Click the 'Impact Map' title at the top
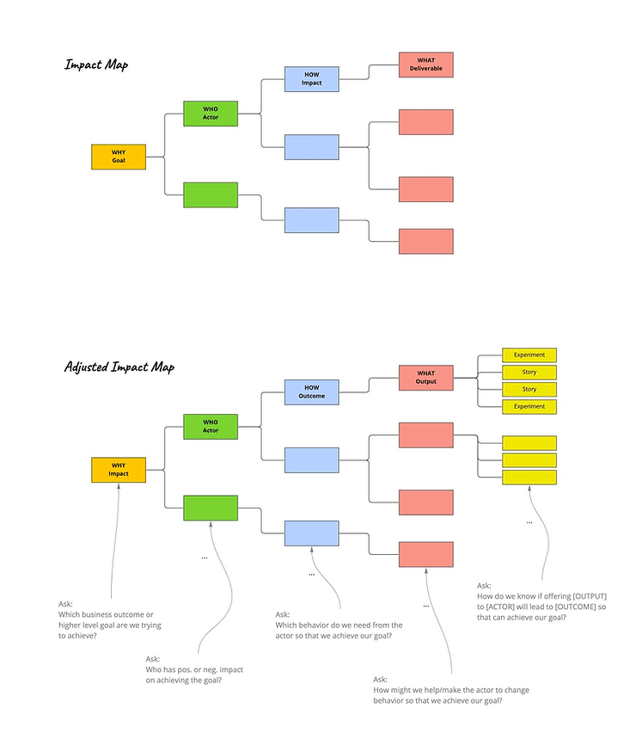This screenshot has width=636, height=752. (x=96, y=65)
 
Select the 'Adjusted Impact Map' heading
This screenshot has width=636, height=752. (x=119, y=367)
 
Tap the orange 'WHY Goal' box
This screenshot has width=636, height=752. (x=119, y=157)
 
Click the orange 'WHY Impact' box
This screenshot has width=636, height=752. (x=119, y=470)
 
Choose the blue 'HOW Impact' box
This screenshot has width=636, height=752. (x=312, y=78)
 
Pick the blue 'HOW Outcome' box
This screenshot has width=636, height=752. (x=312, y=391)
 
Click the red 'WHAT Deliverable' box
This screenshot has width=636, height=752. (x=425, y=65)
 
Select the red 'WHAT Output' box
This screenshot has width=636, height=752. (x=425, y=378)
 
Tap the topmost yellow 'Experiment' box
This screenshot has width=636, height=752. (x=529, y=354)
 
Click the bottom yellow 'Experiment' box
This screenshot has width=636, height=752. (x=529, y=406)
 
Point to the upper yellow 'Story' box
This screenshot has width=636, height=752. (x=529, y=372)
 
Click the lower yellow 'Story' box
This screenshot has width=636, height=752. (x=529, y=389)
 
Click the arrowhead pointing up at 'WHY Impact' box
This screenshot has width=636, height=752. (x=119, y=487)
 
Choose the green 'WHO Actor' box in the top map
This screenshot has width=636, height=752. (x=211, y=114)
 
